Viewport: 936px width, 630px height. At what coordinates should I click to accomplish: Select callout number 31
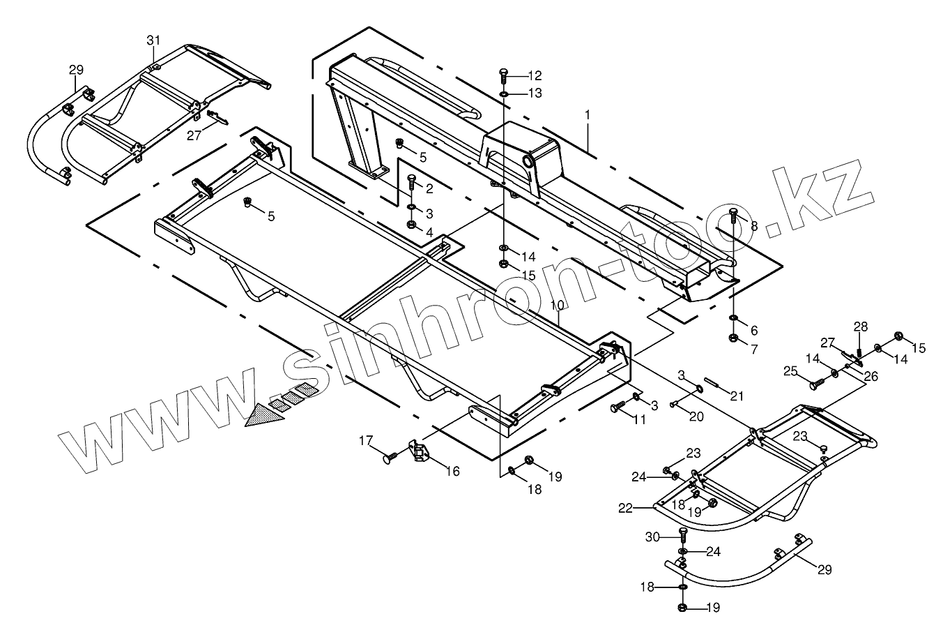pyautogui.click(x=153, y=40)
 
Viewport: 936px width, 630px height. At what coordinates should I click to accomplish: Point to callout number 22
pyautogui.click(x=624, y=509)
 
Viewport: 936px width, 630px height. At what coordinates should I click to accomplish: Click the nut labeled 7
pyautogui.click(x=733, y=338)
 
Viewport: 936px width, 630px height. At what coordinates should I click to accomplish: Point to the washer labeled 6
pyautogui.click(x=733, y=319)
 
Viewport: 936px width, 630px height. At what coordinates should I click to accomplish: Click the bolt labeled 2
pyautogui.click(x=411, y=183)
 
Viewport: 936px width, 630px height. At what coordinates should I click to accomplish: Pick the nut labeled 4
pyautogui.click(x=412, y=225)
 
